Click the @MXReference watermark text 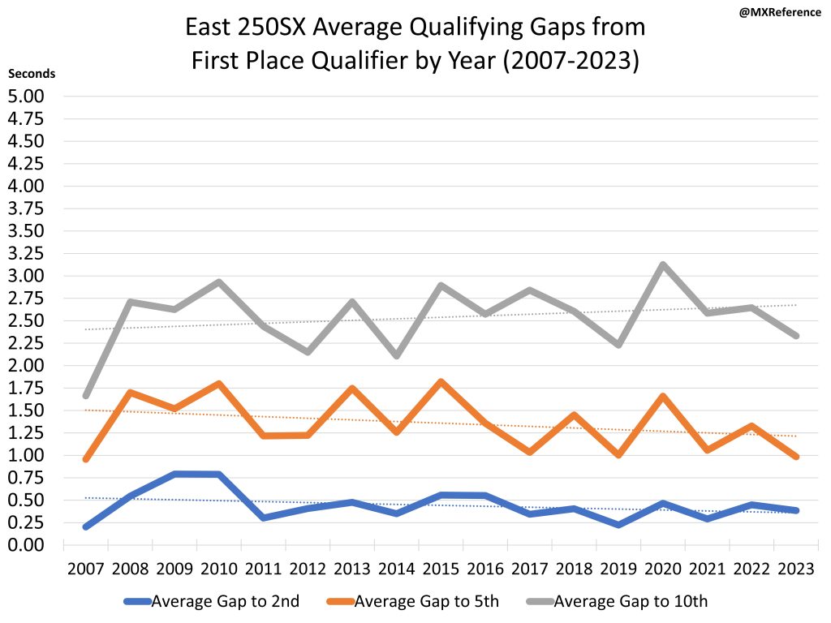(x=780, y=13)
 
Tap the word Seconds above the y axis (x=32, y=73)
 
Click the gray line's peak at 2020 (x=662, y=264)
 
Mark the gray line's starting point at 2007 (x=86, y=395)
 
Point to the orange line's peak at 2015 (x=441, y=381)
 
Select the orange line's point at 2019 (x=618, y=455)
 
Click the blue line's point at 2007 (x=86, y=526)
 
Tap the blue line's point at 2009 (x=175, y=474)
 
